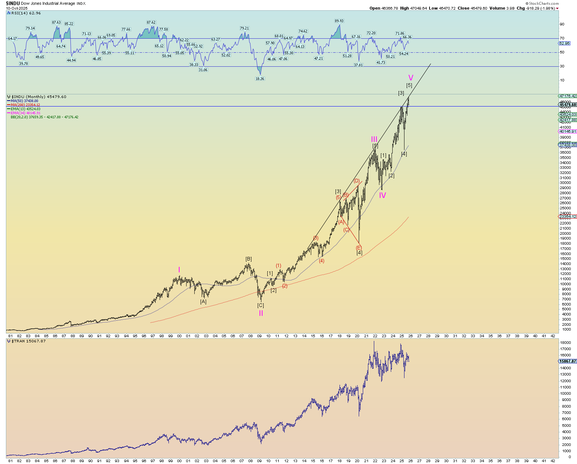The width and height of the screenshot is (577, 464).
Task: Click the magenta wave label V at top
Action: [x=410, y=78]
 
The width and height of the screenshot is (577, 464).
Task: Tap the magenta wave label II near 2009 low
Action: [x=261, y=313]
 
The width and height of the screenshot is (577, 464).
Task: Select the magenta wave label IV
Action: [x=382, y=195]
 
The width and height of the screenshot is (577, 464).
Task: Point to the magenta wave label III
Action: [x=374, y=139]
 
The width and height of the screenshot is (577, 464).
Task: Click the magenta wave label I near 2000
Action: [x=179, y=270]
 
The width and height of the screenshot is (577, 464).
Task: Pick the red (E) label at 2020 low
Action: [x=359, y=248]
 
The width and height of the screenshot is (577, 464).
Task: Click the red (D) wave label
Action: [x=357, y=181]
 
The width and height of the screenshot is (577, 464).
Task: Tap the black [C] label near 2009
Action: [x=260, y=305]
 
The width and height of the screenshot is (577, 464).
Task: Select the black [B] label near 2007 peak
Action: [x=248, y=259]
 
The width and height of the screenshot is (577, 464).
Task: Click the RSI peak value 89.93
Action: [x=339, y=21]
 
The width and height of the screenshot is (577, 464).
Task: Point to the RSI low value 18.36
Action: [x=260, y=79]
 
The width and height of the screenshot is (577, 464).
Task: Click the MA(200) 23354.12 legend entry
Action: [x=25, y=105]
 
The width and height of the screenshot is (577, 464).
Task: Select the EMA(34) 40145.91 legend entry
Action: [x=25, y=113]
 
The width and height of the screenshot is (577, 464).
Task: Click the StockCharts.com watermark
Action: [x=543, y=3]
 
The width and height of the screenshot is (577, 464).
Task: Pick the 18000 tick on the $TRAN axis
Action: [x=566, y=343]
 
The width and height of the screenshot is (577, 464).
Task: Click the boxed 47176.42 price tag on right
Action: [x=568, y=96]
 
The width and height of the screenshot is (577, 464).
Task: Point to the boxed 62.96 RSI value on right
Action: [x=564, y=43]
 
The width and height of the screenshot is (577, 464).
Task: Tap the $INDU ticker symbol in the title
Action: [x=13, y=3]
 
